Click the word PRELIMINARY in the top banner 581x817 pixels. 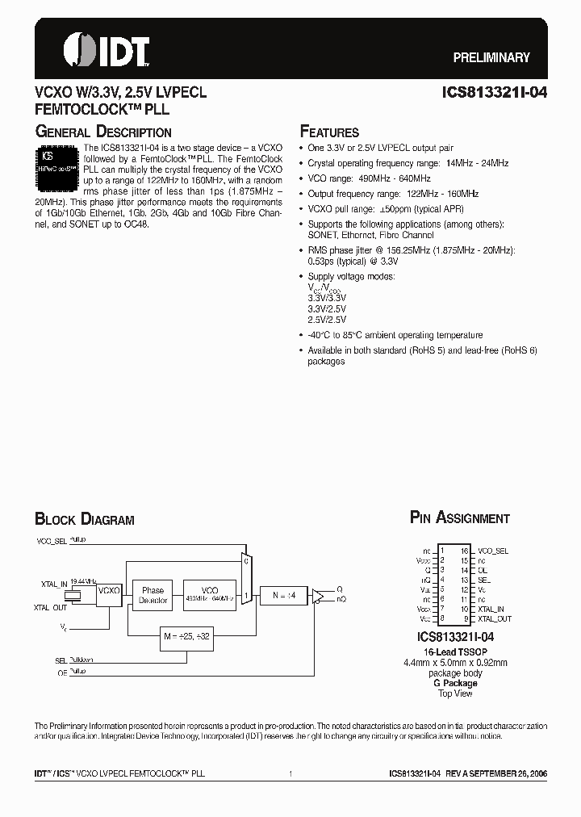pyautogui.click(x=491, y=57)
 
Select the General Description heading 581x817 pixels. pyautogui.click(x=102, y=132)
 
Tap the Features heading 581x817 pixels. pyautogui.click(x=329, y=132)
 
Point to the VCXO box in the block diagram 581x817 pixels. pyautogui.click(x=108, y=591)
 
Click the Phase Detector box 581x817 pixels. pyautogui.click(x=153, y=595)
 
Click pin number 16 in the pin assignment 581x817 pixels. pyautogui.click(x=465, y=550)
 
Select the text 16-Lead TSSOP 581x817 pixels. pyautogui.click(x=456, y=651)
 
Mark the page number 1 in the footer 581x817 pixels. pyautogui.click(x=290, y=773)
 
